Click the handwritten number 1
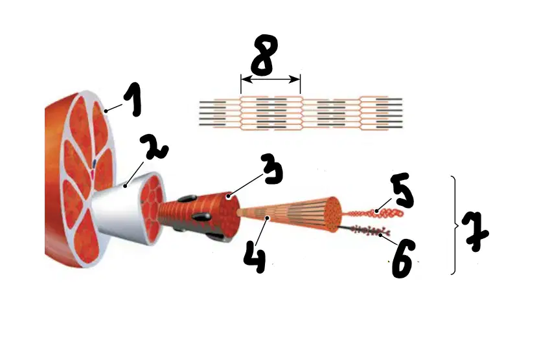pos(133,100)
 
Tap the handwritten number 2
pos(154,147)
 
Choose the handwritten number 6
pos(404,260)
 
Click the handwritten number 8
pos(264,55)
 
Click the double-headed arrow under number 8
pos(270,80)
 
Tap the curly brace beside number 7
pos(455,225)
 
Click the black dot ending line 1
pos(106,111)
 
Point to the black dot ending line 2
pos(125,186)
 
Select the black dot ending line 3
pos(228,197)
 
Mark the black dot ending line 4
pos(268,218)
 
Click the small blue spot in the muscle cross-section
pos(95,163)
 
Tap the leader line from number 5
pos(384,205)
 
